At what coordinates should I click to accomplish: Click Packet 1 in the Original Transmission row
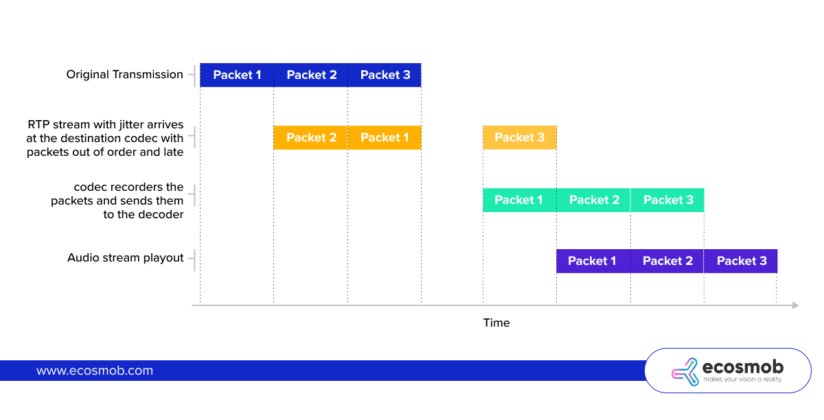pyautogui.click(x=237, y=75)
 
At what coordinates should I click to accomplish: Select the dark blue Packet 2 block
pyautogui.click(x=311, y=75)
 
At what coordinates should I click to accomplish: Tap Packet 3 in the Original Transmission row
pyautogui.click(x=385, y=75)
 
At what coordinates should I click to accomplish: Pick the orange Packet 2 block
pyautogui.click(x=311, y=137)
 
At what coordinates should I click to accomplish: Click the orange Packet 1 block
pyautogui.click(x=385, y=137)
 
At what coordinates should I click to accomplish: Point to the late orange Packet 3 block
pyautogui.click(x=520, y=137)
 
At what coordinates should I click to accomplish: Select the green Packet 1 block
pyautogui.click(x=520, y=200)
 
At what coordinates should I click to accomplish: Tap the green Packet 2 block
pyautogui.click(x=594, y=200)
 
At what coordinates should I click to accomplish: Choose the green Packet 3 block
pyautogui.click(x=667, y=200)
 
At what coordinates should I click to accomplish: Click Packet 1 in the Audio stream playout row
pyautogui.click(x=593, y=261)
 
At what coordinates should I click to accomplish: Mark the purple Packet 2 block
pyautogui.click(x=667, y=261)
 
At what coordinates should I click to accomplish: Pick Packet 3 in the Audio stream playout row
pyautogui.click(x=741, y=261)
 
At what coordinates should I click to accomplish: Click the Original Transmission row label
pyautogui.click(x=125, y=75)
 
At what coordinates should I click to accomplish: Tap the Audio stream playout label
pyautogui.click(x=126, y=258)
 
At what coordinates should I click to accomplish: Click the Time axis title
pyautogui.click(x=496, y=323)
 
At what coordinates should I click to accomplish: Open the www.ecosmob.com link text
pyautogui.click(x=95, y=371)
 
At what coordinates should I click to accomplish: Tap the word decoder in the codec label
pyautogui.click(x=161, y=214)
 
